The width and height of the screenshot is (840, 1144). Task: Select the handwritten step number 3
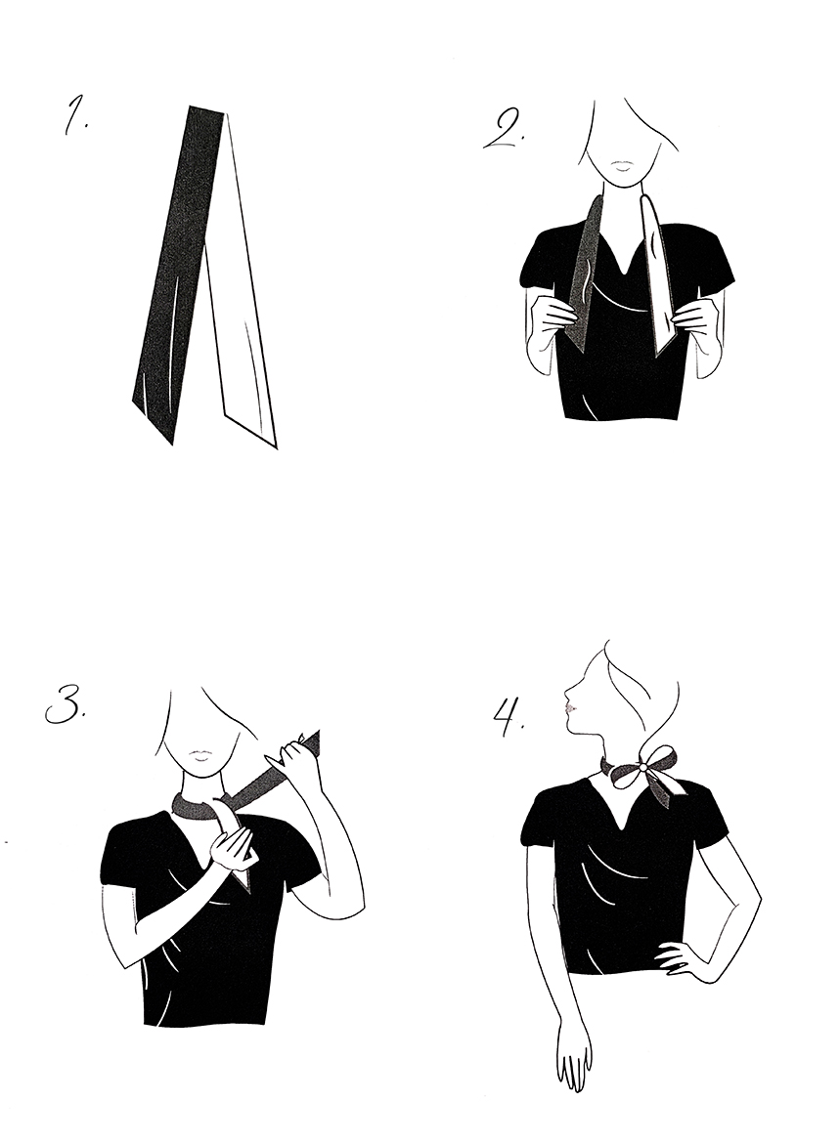pyautogui.click(x=65, y=702)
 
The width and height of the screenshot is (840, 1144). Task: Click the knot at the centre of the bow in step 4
pyautogui.click(x=642, y=768)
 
